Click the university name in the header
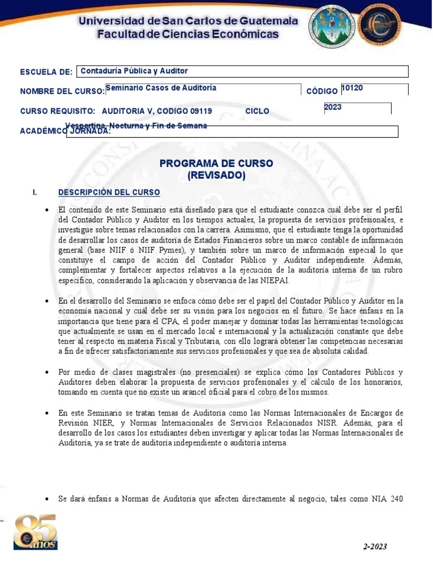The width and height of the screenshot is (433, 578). coord(188,21)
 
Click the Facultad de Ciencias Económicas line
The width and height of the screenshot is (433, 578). coord(188,35)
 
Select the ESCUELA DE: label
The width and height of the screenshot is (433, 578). coord(46,72)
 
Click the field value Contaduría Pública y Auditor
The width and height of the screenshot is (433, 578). coord(134,71)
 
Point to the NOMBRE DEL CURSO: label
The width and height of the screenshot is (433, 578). coord(62,91)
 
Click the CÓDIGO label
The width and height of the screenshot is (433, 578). coord(322,91)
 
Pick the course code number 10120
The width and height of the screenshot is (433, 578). coord(352,87)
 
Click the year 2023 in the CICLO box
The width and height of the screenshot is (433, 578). coord(333,107)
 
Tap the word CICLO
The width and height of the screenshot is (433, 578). coord(257,111)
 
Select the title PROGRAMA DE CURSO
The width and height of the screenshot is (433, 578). coord(216,163)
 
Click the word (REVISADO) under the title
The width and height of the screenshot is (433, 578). coord(216,176)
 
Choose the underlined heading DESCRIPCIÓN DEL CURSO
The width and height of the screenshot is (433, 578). coord(109,192)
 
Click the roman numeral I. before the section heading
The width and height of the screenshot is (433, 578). coord(35,192)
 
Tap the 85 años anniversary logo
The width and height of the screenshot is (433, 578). coord(35,532)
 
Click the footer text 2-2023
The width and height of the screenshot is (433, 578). coord(375,546)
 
